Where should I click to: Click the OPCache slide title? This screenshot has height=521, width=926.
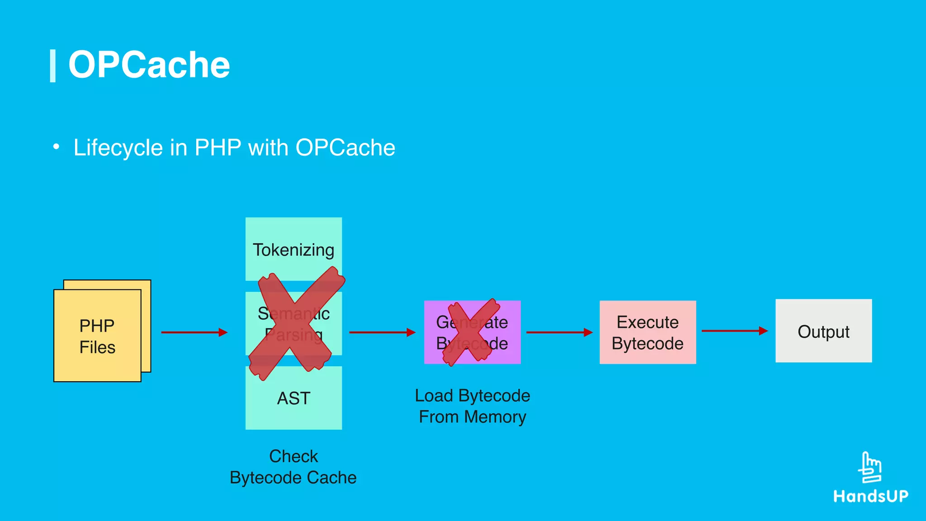[149, 65]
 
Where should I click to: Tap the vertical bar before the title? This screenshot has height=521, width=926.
[52, 66]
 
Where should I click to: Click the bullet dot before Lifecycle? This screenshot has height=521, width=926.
[56, 147]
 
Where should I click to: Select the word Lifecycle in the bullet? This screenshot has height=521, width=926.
[118, 148]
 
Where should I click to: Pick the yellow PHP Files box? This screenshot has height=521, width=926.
[97, 336]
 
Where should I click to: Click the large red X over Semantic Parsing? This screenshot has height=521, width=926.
[296, 323]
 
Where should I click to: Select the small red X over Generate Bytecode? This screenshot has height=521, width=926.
[472, 331]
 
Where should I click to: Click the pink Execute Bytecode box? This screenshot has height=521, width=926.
[647, 332]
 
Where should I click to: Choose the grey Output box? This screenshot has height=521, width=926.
[823, 331]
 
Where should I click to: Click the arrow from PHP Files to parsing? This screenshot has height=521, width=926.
[194, 332]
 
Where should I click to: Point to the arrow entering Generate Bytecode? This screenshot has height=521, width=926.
[382, 332]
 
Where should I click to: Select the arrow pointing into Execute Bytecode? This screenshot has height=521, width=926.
[559, 332]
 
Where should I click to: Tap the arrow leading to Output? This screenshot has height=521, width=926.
[735, 331]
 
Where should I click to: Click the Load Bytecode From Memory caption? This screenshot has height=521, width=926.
[472, 406]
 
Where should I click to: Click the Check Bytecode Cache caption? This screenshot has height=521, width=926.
[293, 467]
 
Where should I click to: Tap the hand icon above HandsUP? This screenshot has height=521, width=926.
[870, 468]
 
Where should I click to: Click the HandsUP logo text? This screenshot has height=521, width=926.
[870, 496]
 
